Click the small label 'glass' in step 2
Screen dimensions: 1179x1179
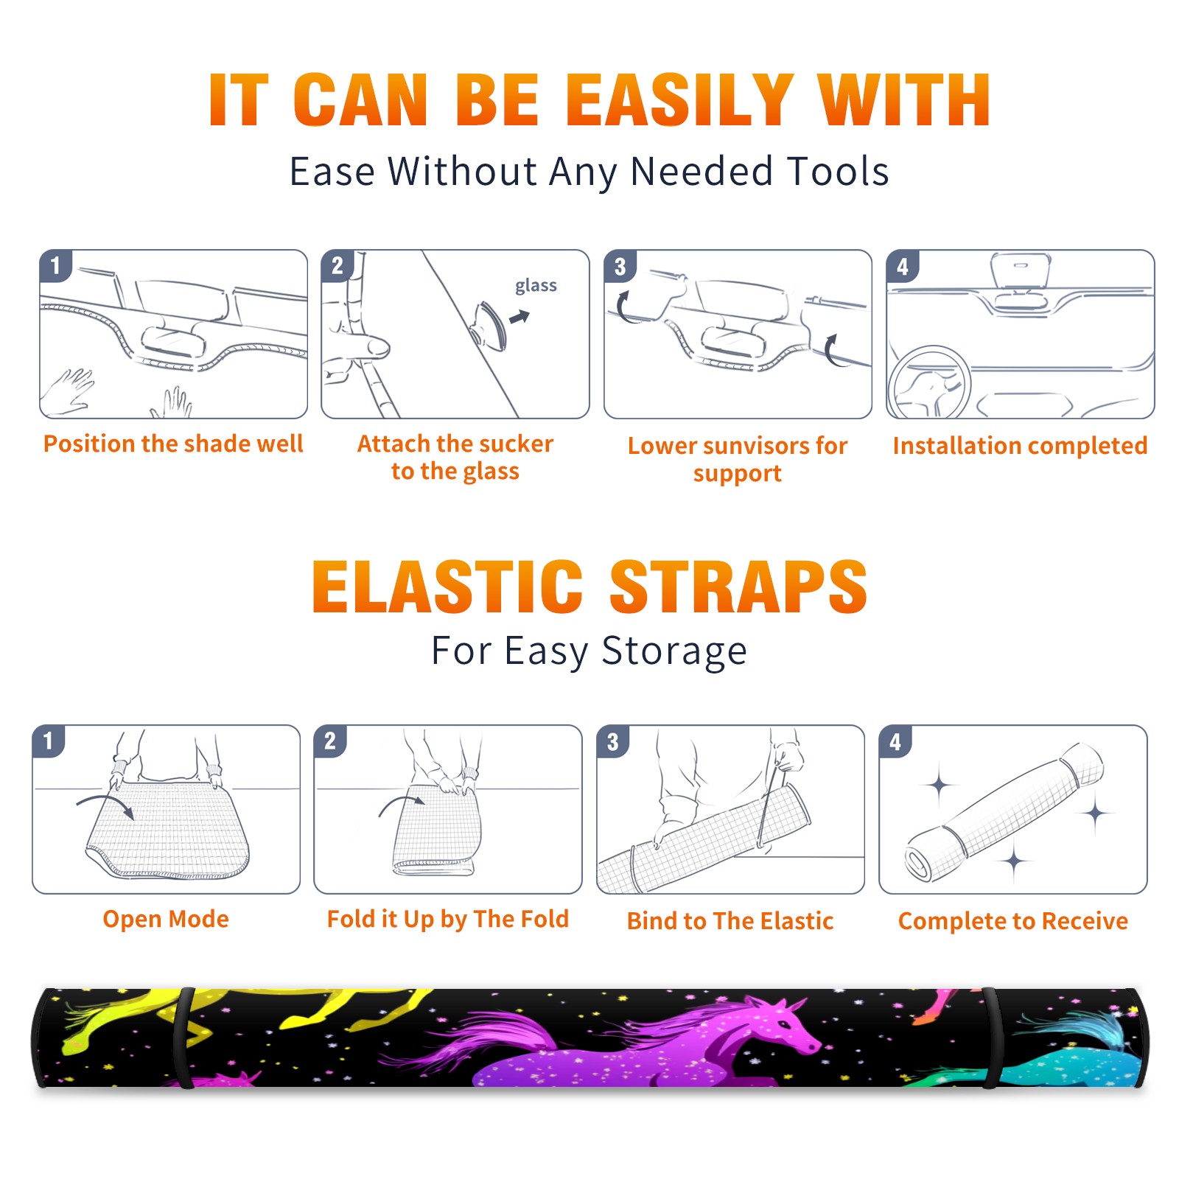536,286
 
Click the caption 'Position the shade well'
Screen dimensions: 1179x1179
173,444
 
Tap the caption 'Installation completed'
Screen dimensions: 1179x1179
1020,446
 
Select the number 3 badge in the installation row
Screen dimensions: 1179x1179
620,266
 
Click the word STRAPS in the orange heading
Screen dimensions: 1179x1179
738,587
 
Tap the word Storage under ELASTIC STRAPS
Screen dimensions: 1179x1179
674,652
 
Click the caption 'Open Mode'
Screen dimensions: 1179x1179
166,919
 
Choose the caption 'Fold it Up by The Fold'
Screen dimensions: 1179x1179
448,919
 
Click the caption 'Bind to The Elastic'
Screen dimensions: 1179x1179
730,921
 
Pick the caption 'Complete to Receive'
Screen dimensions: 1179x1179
1013,921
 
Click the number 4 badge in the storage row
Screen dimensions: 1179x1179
895,741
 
